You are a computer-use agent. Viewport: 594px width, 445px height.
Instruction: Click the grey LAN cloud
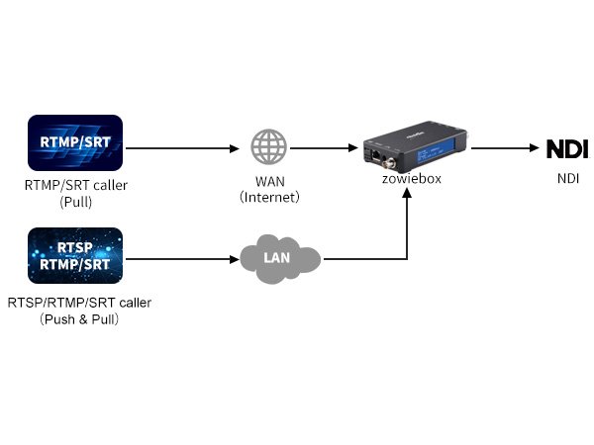pyautogui.click(x=280, y=259)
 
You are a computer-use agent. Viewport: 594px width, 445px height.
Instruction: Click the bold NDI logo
pyautogui.click(x=566, y=149)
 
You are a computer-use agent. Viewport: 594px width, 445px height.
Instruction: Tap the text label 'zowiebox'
pyautogui.click(x=412, y=178)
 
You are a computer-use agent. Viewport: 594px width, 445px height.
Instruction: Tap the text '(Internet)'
pyautogui.click(x=269, y=198)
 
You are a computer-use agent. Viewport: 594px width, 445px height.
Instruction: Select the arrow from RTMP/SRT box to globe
pyautogui.click(x=183, y=149)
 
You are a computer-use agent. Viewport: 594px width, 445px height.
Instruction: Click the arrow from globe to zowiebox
pyautogui.click(x=325, y=149)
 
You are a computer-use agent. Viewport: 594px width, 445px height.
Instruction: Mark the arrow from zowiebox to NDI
pyautogui.click(x=503, y=149)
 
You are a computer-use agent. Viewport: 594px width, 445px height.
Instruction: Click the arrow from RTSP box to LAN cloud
pyautogui.click(x=183, y=260)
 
